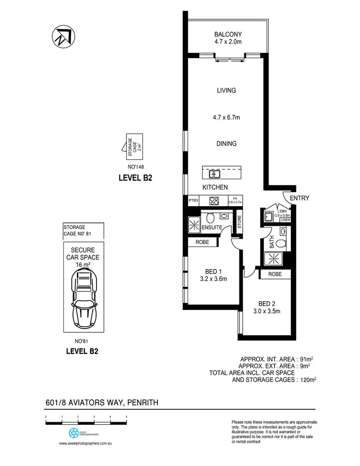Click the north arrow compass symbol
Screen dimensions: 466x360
[62, 36]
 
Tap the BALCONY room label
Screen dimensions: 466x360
[228, 34]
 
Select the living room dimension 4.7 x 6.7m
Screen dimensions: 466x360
[227, 118]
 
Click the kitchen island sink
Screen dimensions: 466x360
[214, 173]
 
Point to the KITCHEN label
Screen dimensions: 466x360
[215, 187]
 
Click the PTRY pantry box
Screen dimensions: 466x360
[193, 201]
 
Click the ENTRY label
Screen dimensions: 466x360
[300, 198]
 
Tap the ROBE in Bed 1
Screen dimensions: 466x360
[202, 243]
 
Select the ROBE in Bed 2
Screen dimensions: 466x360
[276, 274]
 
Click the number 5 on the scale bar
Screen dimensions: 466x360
[126, 416]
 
